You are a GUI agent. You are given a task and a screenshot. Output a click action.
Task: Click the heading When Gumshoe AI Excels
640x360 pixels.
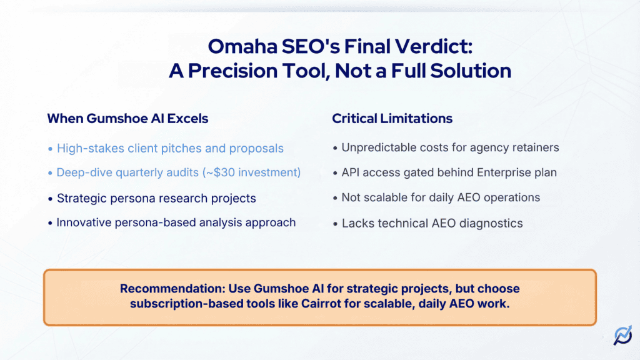pyautogui.click(x=128, y=118)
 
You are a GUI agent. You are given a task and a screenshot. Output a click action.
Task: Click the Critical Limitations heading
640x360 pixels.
pyautogui.click(x=392, y=118)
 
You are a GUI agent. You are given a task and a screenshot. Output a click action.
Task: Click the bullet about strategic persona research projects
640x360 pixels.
pyautogui.click(x=156, y=198)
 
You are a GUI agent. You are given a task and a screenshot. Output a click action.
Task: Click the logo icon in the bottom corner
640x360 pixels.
pyautogui.click(x=622, y=336)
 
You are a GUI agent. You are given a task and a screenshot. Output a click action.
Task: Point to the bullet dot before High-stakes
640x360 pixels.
pyautogui.click(x=51, y=149)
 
